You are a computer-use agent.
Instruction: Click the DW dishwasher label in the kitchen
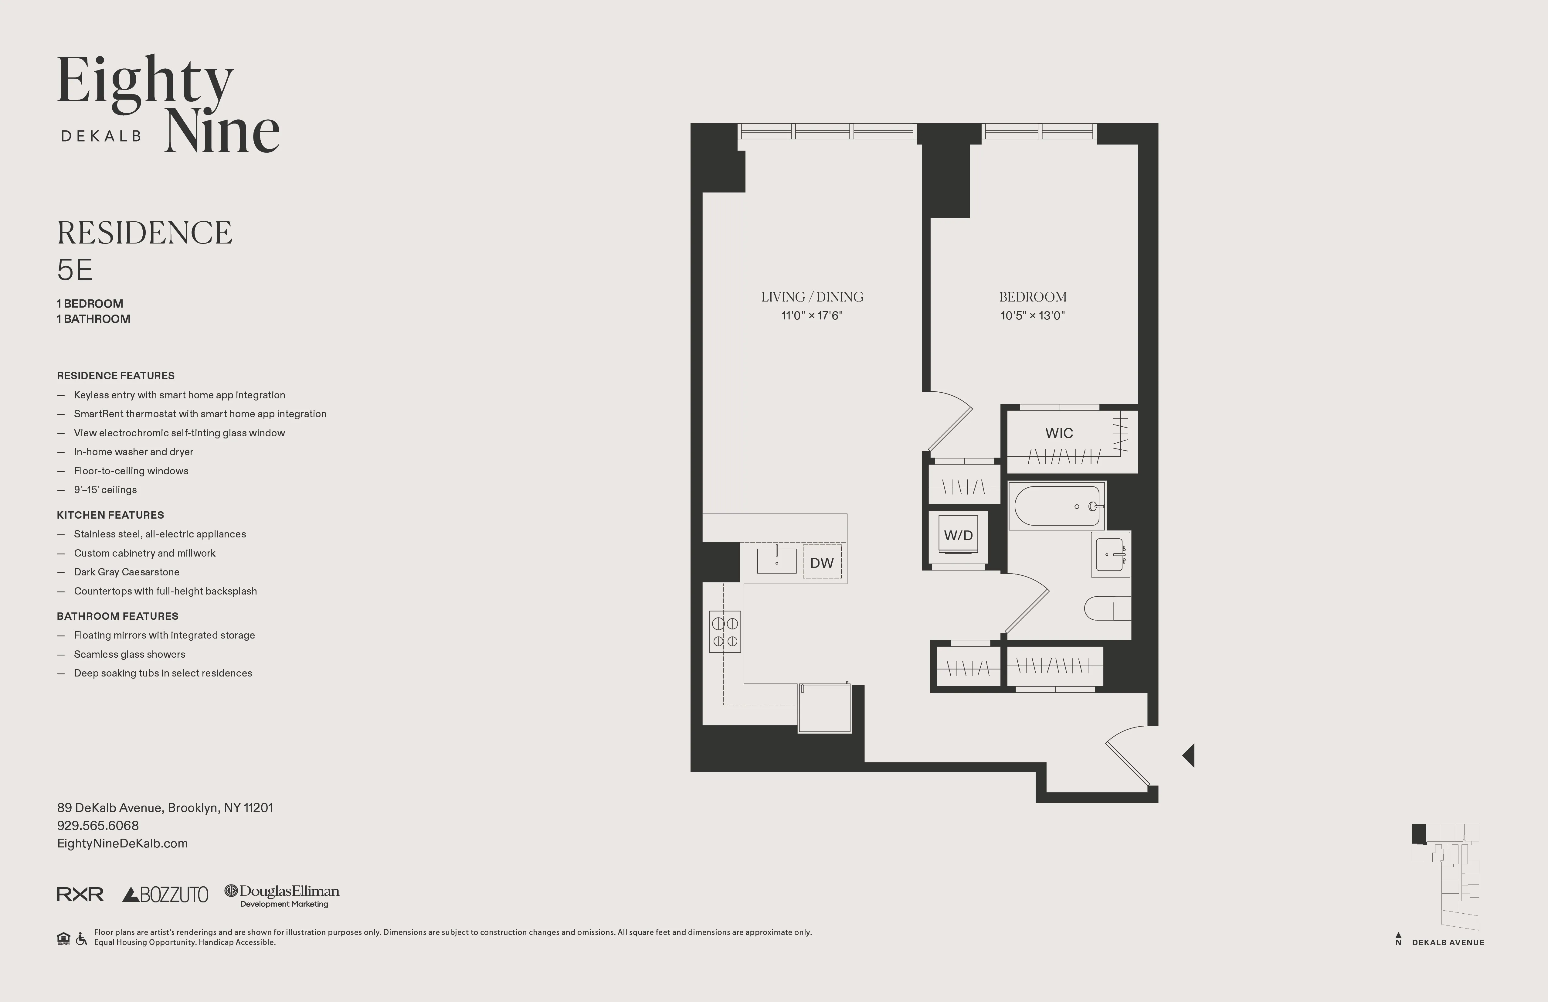821,563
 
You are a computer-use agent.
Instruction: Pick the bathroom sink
1110,554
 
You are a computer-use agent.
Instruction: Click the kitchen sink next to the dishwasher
777,560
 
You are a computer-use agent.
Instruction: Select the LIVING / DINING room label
812,297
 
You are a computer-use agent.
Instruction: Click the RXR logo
80,895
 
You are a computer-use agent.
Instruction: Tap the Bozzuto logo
165,895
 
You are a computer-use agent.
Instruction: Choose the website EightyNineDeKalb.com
122,843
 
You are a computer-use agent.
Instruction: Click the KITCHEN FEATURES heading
110,515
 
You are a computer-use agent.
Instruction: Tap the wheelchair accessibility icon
81,939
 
